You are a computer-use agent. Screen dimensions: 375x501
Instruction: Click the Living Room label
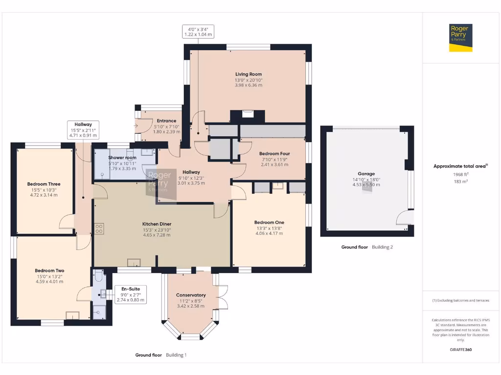(x=248, y=74)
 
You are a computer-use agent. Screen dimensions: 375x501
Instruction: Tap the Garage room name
(x=366, y=173)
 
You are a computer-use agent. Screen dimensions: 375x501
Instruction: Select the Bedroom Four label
(x=274, y=153)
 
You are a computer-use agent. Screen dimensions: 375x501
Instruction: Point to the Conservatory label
(x=190, y=295)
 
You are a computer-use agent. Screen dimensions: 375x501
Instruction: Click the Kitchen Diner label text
(x=157, y=224)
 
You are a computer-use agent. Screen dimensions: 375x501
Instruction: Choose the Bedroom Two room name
(x=49, y=271)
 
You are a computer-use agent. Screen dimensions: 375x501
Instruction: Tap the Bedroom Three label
(x=44, y=184)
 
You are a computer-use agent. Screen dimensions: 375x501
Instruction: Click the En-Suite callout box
(x=130, y=294)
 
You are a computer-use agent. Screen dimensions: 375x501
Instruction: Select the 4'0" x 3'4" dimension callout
(x=198, y=32)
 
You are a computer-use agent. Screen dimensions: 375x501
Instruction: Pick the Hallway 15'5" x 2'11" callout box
(x=83, y=130)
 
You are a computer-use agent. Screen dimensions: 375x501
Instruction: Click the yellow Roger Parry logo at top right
(x=461, y=38)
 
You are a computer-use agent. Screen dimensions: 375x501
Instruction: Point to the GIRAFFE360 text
(x=460, y=350)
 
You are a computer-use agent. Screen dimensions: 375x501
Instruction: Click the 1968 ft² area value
(x=460, y=174)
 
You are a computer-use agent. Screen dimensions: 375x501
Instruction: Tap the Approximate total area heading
(x=460, y=166)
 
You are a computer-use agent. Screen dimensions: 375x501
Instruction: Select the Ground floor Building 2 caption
(x=366, y=247)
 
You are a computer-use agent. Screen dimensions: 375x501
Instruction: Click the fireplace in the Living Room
(x=248, y=116)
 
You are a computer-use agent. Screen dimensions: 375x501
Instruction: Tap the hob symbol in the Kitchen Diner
(x=99, y=228)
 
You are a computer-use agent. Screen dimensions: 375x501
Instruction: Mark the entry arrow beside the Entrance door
(x=136, y=125)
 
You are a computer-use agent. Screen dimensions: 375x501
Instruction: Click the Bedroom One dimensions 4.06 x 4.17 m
(x=269, y=233)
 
